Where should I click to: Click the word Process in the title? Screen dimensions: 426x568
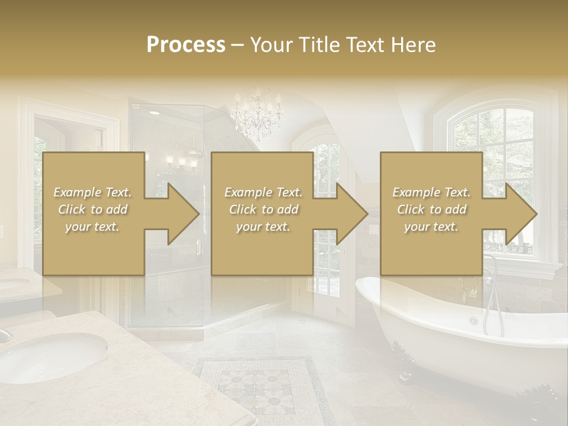[186, 45]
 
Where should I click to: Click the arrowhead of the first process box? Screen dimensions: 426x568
[183, 214]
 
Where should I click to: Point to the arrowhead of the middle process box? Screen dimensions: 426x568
[352, 214]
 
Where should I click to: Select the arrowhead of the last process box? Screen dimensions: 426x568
[521, 214]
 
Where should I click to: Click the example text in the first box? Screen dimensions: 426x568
[92, 209]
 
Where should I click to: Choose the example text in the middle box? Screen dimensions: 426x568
[263, 209]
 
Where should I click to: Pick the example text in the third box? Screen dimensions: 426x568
[431, 209]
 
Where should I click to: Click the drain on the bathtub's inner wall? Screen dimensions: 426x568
[473, 321]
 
